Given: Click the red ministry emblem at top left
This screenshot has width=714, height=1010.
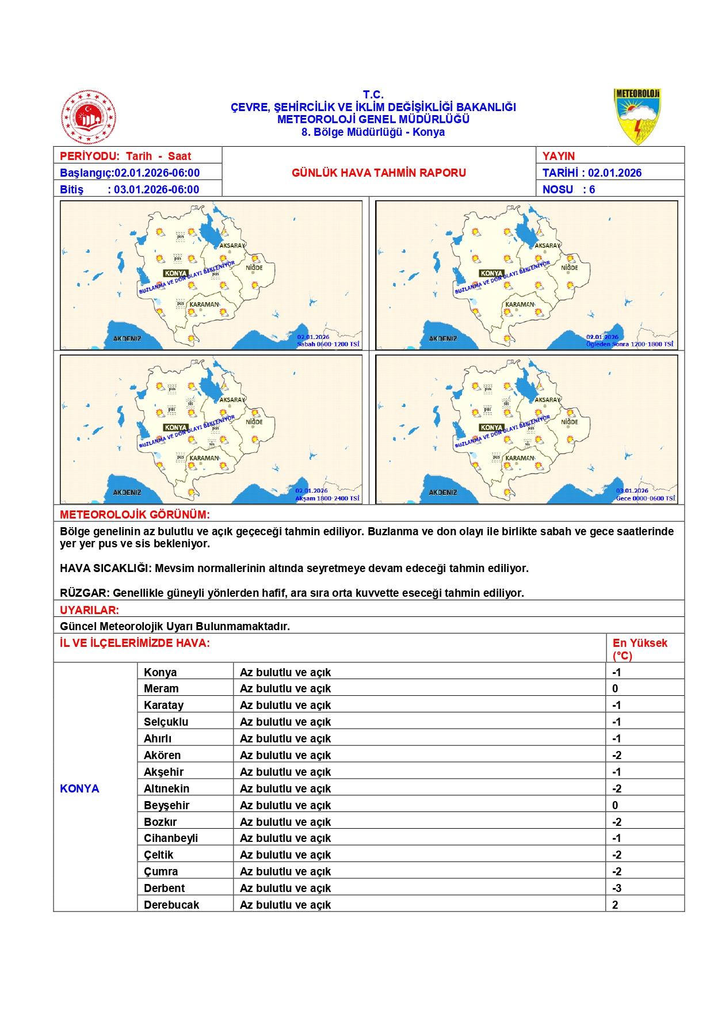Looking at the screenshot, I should pos(89,117).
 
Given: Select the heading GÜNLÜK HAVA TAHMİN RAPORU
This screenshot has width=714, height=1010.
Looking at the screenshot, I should pos(379,173).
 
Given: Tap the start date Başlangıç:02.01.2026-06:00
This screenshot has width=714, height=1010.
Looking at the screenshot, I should pos(130,173).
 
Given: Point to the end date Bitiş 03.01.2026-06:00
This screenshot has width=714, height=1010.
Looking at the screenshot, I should pos(129,189).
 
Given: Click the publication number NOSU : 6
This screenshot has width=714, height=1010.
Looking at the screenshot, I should pos(568,189).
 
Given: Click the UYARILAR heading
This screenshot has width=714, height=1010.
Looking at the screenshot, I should pos(90,610).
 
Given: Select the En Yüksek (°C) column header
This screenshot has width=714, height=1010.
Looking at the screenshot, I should pos(640,649).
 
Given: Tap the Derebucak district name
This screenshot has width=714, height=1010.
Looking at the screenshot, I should pos(171,905).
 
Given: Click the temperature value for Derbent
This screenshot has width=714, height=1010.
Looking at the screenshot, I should pos(616,888).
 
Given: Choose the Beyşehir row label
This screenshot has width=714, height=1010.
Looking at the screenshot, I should pos(167,805).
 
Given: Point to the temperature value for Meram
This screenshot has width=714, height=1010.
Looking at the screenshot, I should pos(615,688).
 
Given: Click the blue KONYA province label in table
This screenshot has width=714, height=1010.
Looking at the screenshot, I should pos(79,788).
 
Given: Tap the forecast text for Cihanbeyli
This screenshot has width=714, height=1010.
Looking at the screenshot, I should pos(285,838).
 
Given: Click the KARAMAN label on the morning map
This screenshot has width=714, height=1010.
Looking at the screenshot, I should pos(204,304).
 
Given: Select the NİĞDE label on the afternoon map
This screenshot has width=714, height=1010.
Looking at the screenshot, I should pos(569,268).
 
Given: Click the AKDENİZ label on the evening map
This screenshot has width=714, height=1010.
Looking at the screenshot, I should pos(127,493).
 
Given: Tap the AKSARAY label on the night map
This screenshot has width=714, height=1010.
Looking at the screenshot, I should pos(548,399).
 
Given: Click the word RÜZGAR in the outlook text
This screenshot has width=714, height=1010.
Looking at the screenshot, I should pos(84,593).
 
